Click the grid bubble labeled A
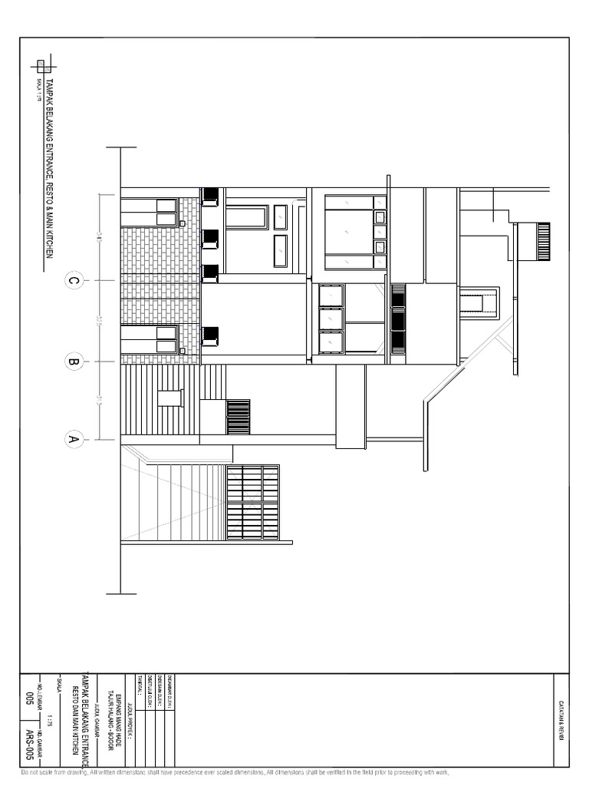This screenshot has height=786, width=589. pyautogui.click(x=74, y=440)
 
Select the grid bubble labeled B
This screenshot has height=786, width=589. pyautogui.click(x=74, y=361)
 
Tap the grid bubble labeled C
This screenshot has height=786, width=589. pyautogui.click(x=74, y=281)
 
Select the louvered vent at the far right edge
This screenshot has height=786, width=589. pyautogui.click(x=543, y=241)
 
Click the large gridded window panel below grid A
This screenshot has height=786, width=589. pyautogui.click(x=252, y=502)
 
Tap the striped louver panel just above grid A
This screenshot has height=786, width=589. pyautogui.click(x=239, y=417)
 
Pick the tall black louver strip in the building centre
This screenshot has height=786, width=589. pyautogui.click(x=398, y=319)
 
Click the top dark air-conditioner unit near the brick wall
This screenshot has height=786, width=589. pyautogui.click(x=210, y=196)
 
